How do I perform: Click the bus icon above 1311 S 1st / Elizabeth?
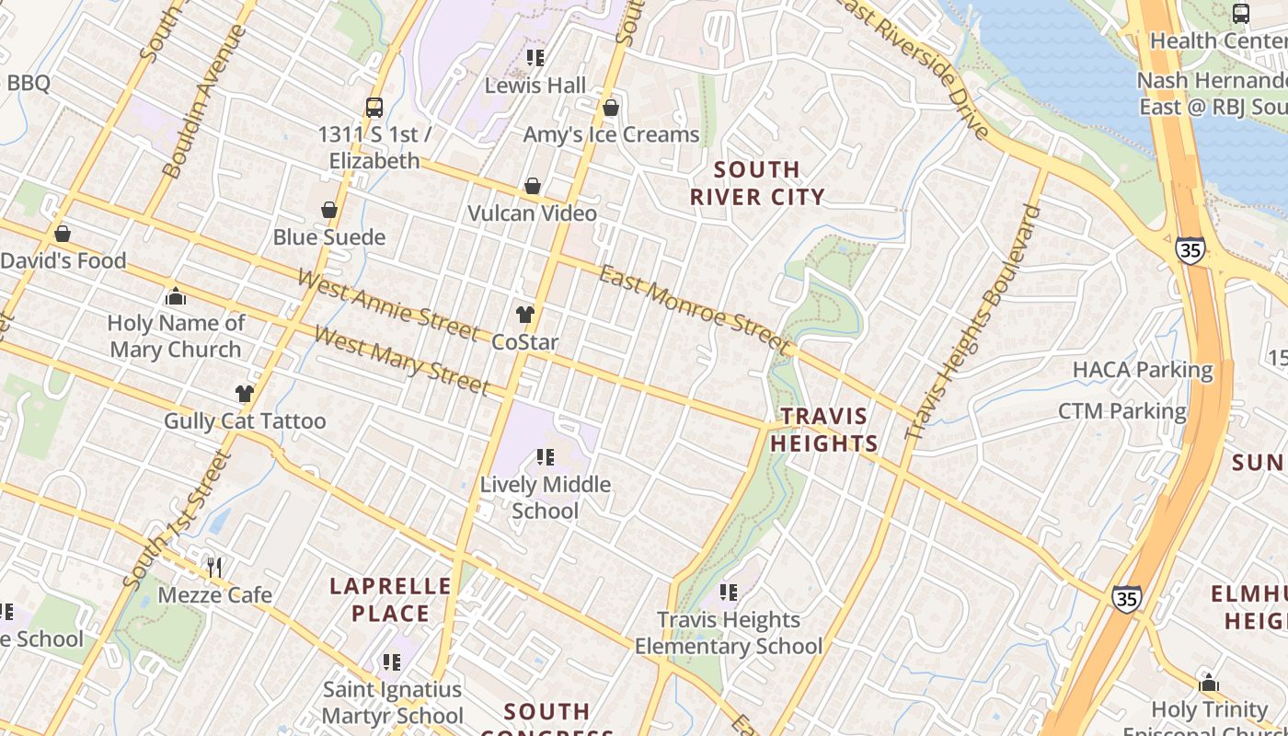374,108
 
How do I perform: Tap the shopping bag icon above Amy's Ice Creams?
610,109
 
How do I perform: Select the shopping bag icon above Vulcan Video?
532,187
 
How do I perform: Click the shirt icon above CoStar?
524,315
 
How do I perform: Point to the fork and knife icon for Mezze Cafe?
214,567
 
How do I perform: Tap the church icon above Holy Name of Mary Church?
175,296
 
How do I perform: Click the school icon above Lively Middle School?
545,456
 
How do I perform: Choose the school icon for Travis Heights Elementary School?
729,592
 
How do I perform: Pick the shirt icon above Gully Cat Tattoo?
244,394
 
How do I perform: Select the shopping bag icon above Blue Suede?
328,211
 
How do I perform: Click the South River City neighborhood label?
757,183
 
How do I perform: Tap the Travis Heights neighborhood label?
824,430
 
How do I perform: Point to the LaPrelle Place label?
391,600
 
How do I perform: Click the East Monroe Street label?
695,309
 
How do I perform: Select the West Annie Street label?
387,303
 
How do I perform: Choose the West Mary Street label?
400,359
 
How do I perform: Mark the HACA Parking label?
1143,370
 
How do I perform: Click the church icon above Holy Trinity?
1209,684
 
